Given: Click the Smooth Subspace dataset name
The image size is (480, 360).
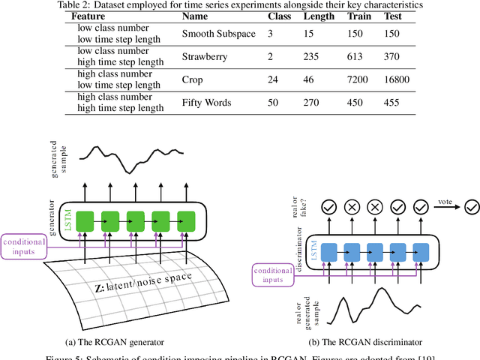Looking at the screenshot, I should [218, 34].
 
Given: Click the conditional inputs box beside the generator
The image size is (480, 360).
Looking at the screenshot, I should [25, 247].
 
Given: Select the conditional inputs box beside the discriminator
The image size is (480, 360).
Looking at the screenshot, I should [273, 274].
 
